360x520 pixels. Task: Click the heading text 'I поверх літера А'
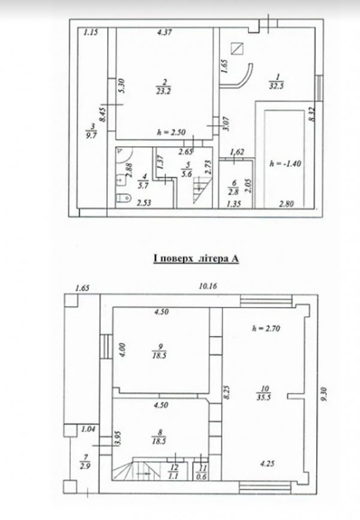coord(196,259)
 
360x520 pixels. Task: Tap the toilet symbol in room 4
coord(124,198)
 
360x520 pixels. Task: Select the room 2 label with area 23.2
coord(163,86)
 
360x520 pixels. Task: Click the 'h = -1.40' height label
coord(286,164)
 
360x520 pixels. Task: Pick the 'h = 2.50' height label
coord(171,133)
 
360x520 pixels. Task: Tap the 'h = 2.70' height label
coord(266,328)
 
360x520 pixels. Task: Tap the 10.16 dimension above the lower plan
coord(208,286)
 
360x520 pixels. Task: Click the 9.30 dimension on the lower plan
coord(324,394)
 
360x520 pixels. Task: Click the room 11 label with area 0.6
coord(202,472)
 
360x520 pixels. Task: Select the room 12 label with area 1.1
coord(174,472)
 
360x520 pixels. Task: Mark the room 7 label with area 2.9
coord(85,462)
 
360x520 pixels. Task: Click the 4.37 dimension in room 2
coord(164,32)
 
